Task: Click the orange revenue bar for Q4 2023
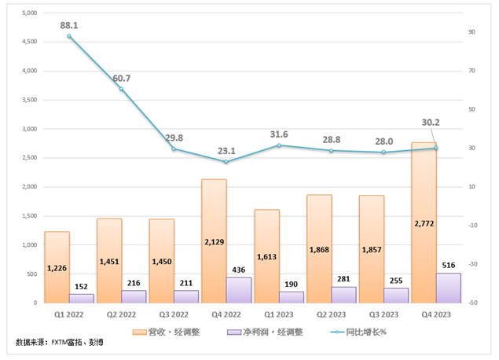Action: tap(424, 224)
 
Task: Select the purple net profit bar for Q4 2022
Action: tap(239, 290)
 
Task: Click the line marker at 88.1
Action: tap(69, 36)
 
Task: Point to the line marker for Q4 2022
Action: tap(226, 162)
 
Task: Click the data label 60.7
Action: tap(121, 79)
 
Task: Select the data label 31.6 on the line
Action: tap(279, 134)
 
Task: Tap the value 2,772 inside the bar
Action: tap(424, 223)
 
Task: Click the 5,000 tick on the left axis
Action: tap(29, 13)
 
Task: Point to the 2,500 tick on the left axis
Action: tap(29, 158)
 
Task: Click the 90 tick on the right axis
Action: tap(473, 32)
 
